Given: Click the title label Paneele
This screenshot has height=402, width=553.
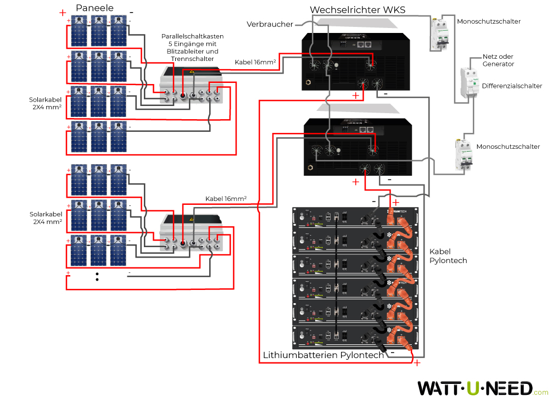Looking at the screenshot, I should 95,8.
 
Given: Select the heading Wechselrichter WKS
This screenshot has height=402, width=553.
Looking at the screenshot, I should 357,10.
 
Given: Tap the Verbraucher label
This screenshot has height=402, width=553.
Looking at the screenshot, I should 270,24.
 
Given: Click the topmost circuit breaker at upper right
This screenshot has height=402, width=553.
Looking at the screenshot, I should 439,34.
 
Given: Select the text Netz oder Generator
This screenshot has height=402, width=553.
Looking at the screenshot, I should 498,60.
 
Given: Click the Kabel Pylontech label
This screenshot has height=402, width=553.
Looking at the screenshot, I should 448,255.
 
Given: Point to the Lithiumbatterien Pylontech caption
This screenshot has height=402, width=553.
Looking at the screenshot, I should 323,355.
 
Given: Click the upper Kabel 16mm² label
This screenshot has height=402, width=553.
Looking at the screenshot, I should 255,63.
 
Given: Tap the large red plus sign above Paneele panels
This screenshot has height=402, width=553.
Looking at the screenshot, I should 63,12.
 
